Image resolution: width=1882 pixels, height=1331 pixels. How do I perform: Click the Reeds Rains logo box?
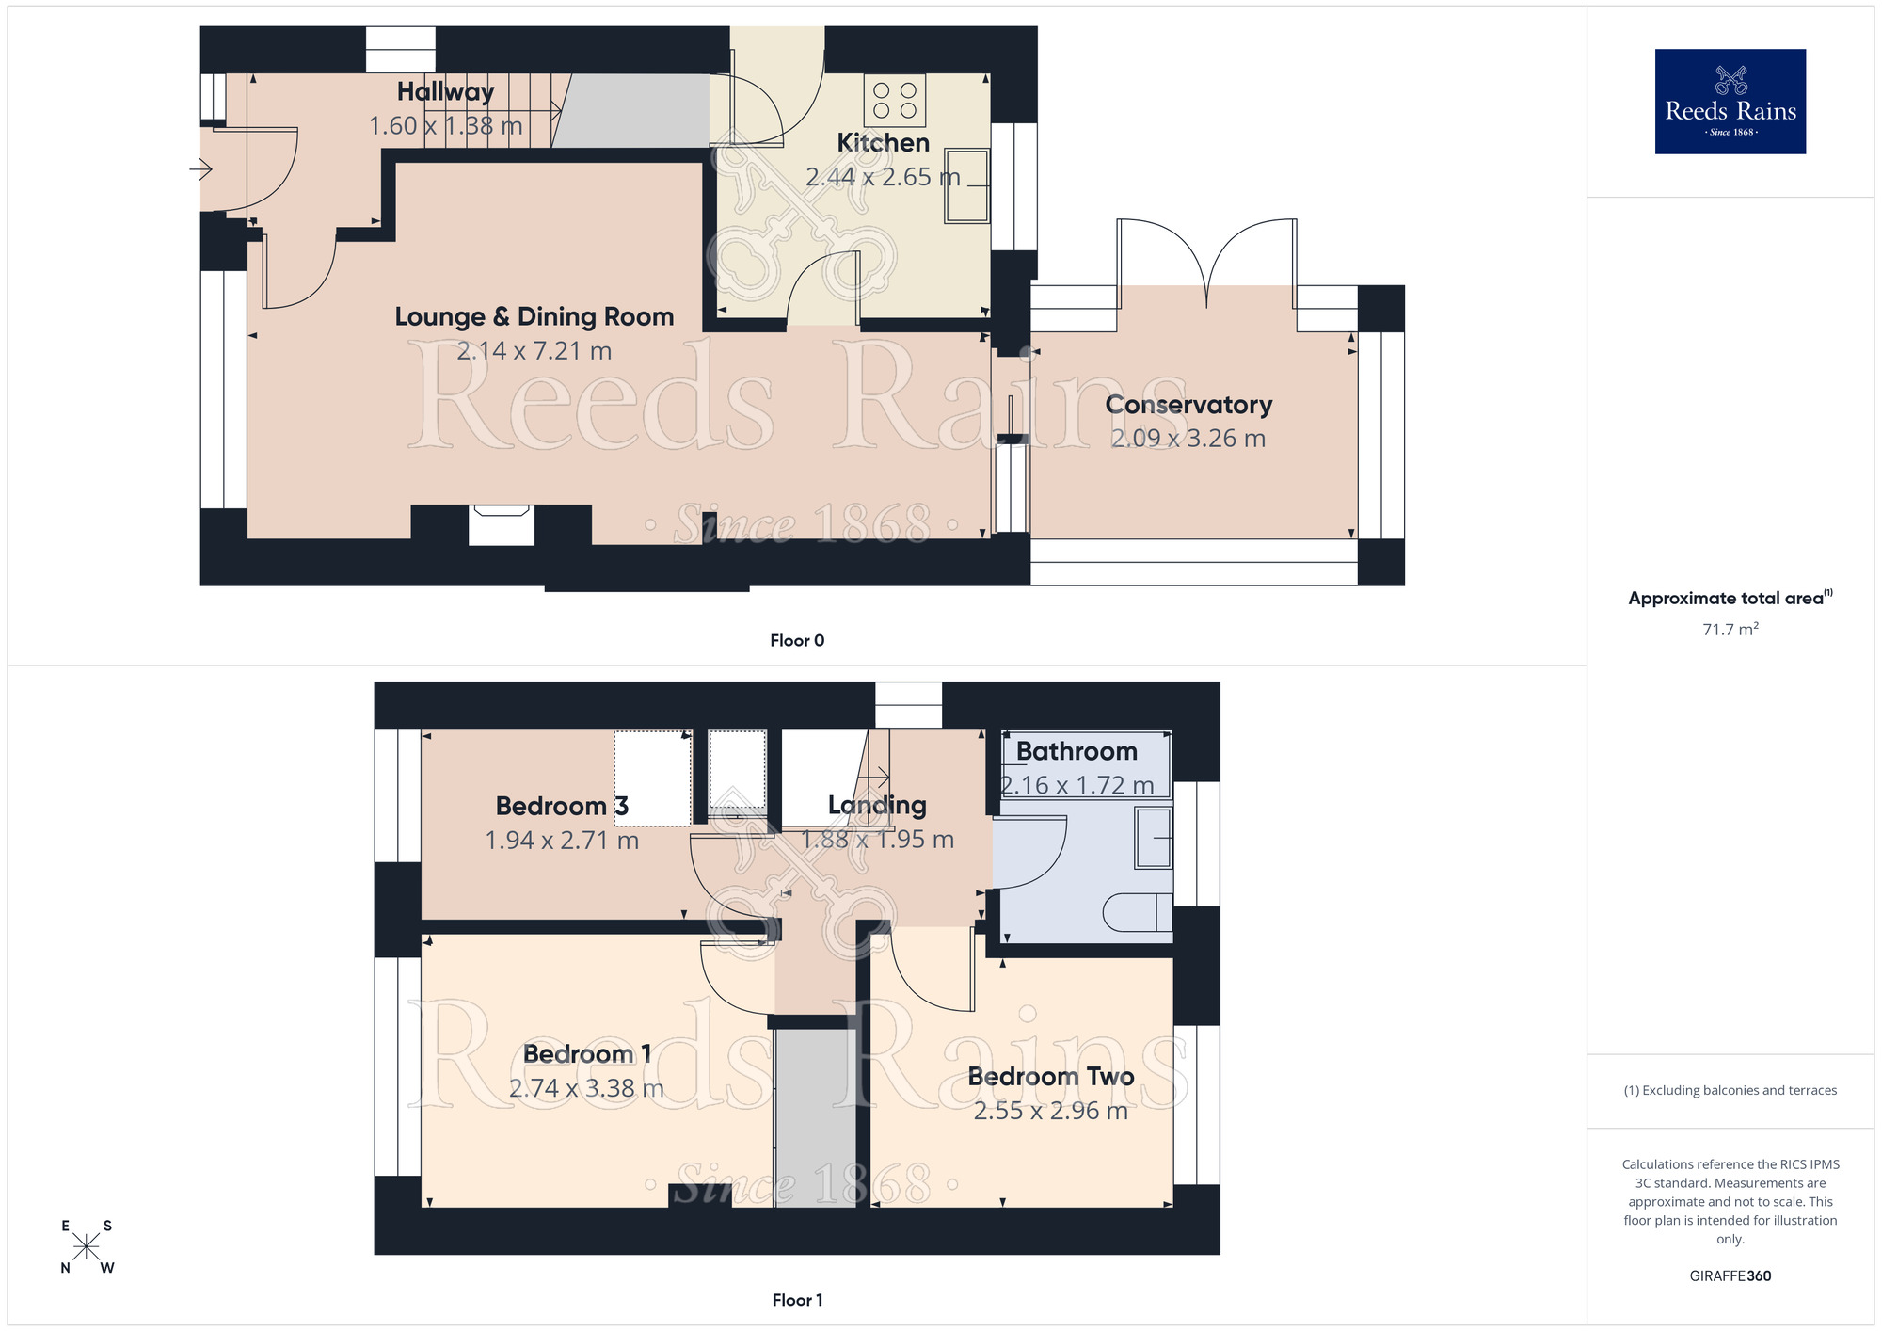(1730, 102)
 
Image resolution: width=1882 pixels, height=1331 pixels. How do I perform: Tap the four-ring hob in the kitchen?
(894, 101)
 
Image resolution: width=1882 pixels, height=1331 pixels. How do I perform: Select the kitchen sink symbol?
(967, 185)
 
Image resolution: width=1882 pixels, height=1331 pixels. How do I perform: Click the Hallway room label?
(445, 91)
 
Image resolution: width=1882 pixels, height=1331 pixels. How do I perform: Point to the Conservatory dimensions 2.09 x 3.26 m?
(1188, 439)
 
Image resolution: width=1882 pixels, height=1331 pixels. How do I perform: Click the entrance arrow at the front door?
(200, 169)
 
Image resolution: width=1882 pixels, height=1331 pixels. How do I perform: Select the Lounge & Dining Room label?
(534, 316)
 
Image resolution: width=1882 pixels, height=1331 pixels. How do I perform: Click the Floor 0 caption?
(796, 640)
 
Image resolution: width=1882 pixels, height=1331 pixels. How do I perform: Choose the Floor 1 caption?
(796, 1300)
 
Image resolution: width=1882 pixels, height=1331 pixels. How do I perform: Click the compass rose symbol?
(87, 1247)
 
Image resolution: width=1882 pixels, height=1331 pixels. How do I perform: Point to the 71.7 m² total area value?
(1730, 629)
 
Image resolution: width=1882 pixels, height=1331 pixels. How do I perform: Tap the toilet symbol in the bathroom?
(1137, 912)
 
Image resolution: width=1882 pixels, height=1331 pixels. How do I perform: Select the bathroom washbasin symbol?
(1154, 837)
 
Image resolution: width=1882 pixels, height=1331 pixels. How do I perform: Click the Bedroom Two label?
(1050, 1076)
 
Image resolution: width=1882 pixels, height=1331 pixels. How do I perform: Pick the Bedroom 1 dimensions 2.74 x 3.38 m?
(586, 1088)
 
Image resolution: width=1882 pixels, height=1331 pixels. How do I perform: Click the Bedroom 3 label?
(561, 806)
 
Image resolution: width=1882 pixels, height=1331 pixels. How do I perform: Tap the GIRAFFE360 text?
(1730, 1276)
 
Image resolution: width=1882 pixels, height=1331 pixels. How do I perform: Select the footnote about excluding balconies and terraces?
(1730, 1090)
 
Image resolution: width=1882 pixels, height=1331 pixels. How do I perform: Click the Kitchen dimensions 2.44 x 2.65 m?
(882, 177)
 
